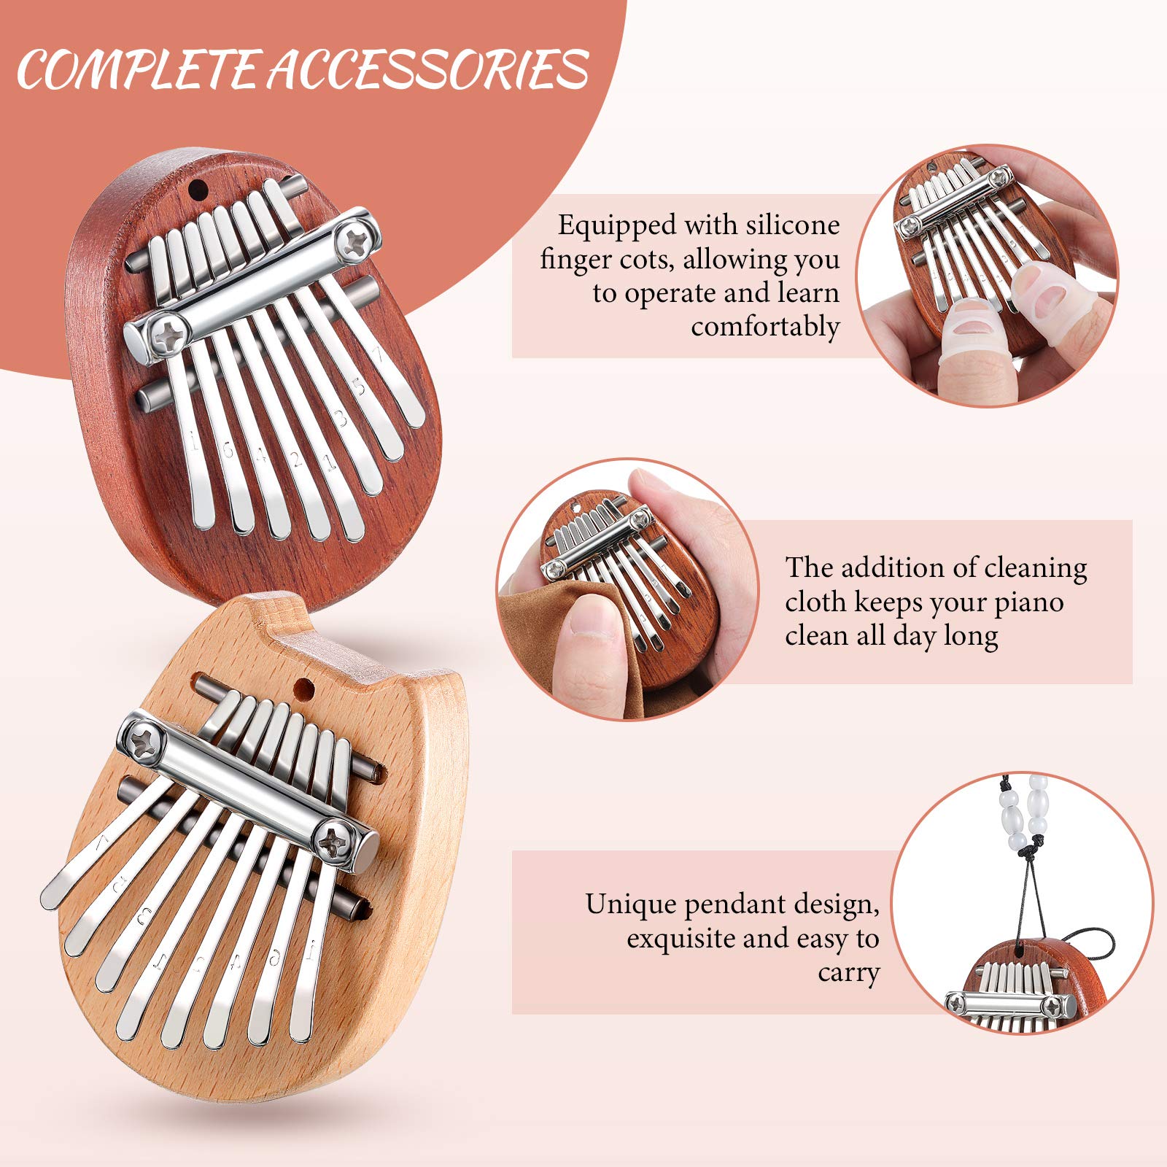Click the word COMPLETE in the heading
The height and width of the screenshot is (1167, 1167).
click(139, 71)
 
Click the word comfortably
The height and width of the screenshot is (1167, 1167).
click(765, 327)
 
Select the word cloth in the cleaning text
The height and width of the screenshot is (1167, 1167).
click(816, 602)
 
